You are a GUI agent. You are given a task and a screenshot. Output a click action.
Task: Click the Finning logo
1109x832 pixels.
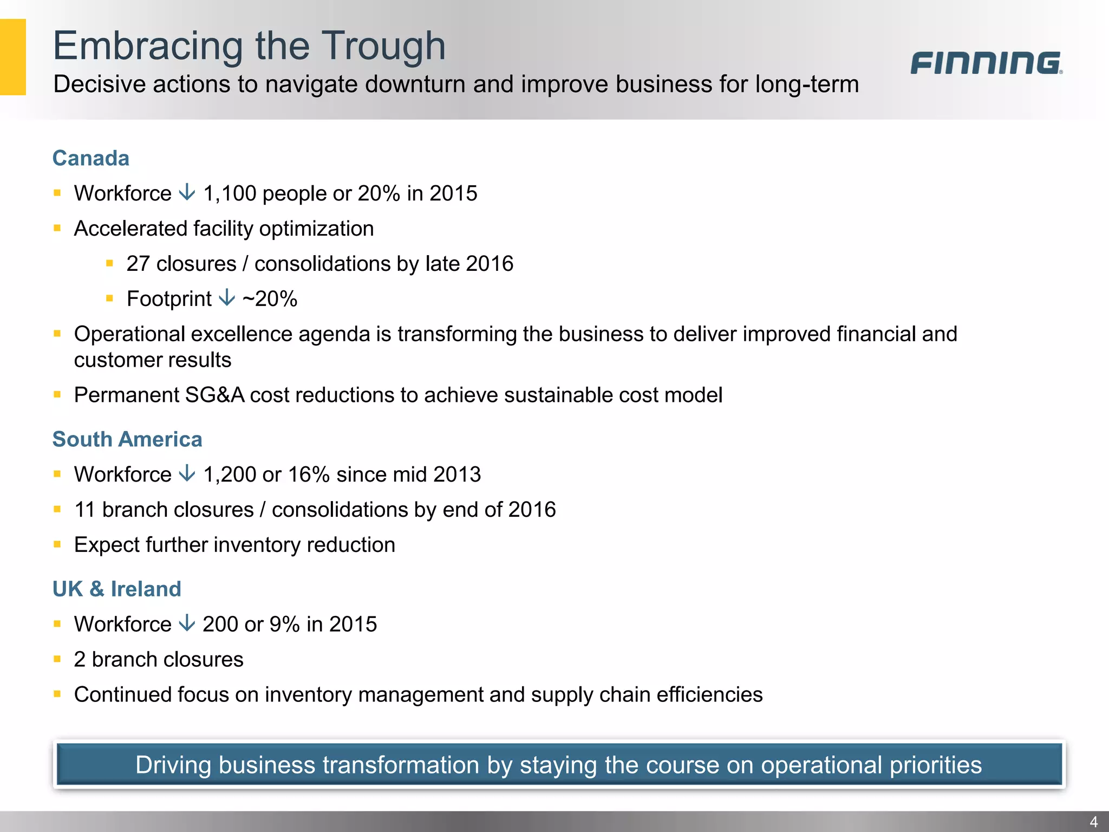click(x=986, y=63)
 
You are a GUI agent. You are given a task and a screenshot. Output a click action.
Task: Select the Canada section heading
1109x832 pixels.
click(x=91, y=158)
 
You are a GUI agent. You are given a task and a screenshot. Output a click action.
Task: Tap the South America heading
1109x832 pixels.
click(x=127, y=439)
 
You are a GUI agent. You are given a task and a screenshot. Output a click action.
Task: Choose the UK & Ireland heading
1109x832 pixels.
click(x=117, y=589)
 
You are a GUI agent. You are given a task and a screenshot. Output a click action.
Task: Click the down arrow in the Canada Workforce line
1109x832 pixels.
click(x=187, y=192)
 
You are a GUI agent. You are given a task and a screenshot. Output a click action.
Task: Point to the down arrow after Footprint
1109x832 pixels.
click(x=227, y=297)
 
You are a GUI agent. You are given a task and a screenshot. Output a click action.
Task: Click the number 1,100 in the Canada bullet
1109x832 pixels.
click(x=230, y=193)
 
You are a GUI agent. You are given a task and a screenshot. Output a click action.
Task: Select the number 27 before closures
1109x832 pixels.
click(x=138, y=264)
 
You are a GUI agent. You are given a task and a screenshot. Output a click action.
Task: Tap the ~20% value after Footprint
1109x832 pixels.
click(x=270, y=299)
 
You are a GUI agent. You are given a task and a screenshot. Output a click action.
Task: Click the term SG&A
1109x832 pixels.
click(x=214, y=395)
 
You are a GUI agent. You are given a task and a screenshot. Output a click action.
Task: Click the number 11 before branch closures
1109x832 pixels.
click(x=84, y=510)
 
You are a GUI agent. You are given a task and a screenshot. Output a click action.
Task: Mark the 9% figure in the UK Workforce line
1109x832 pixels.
click(x=285, y=625)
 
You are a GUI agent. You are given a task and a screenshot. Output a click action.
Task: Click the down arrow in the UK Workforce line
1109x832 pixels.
click(x=187, y=623)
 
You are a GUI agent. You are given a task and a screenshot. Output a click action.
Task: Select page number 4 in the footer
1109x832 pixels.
click(x=1093, y=822)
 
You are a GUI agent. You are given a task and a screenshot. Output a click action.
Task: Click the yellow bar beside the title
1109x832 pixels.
click(x=13, y=57)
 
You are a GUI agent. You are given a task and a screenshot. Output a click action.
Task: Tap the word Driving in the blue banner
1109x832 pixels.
click(x=173, y=765)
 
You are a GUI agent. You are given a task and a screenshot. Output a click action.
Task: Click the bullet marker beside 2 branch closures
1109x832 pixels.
click(x=57, y=659)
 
